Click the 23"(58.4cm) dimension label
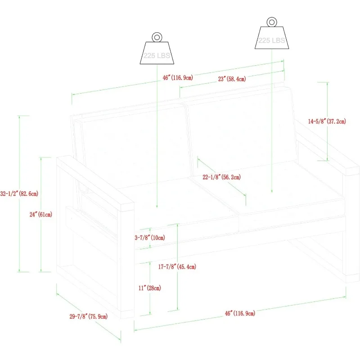click(x=232, y=79)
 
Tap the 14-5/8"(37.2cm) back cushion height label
click(x=327, y=121)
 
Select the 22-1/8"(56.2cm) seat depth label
click(x=221, y=177)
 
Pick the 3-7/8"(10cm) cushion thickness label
click(x=150, y=238)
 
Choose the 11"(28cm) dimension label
click(x=150, y=288)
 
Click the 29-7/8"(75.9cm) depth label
click(x=89, y=316)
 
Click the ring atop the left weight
click(x=156, y=37)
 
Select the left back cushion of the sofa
click(x=135, y=144)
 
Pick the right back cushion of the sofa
click(x=241, y=135)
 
